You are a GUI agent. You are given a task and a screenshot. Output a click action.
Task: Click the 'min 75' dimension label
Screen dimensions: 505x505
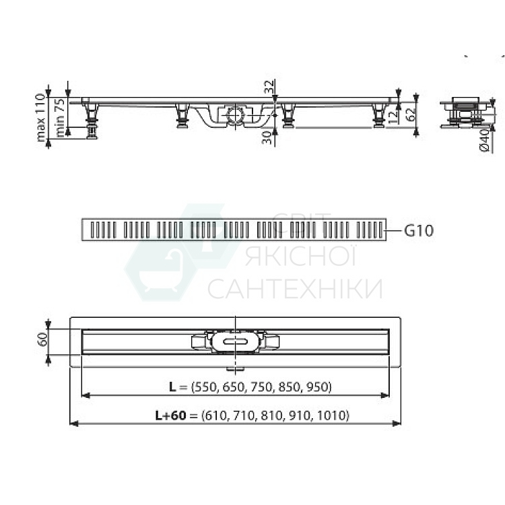(x=61, y=117)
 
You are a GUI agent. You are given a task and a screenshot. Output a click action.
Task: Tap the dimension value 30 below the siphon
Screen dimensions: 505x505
(x=267, y=137)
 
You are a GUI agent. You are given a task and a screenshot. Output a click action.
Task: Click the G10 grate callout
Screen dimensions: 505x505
(x=419, y=231)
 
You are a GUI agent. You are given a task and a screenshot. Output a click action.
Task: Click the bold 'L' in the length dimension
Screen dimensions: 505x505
(x=173, y=386)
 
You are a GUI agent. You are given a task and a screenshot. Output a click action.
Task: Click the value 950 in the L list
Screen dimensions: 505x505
(x=317, y=386)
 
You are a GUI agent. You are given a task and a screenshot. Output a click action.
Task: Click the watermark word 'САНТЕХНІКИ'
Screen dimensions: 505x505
(x=295, y=290)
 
